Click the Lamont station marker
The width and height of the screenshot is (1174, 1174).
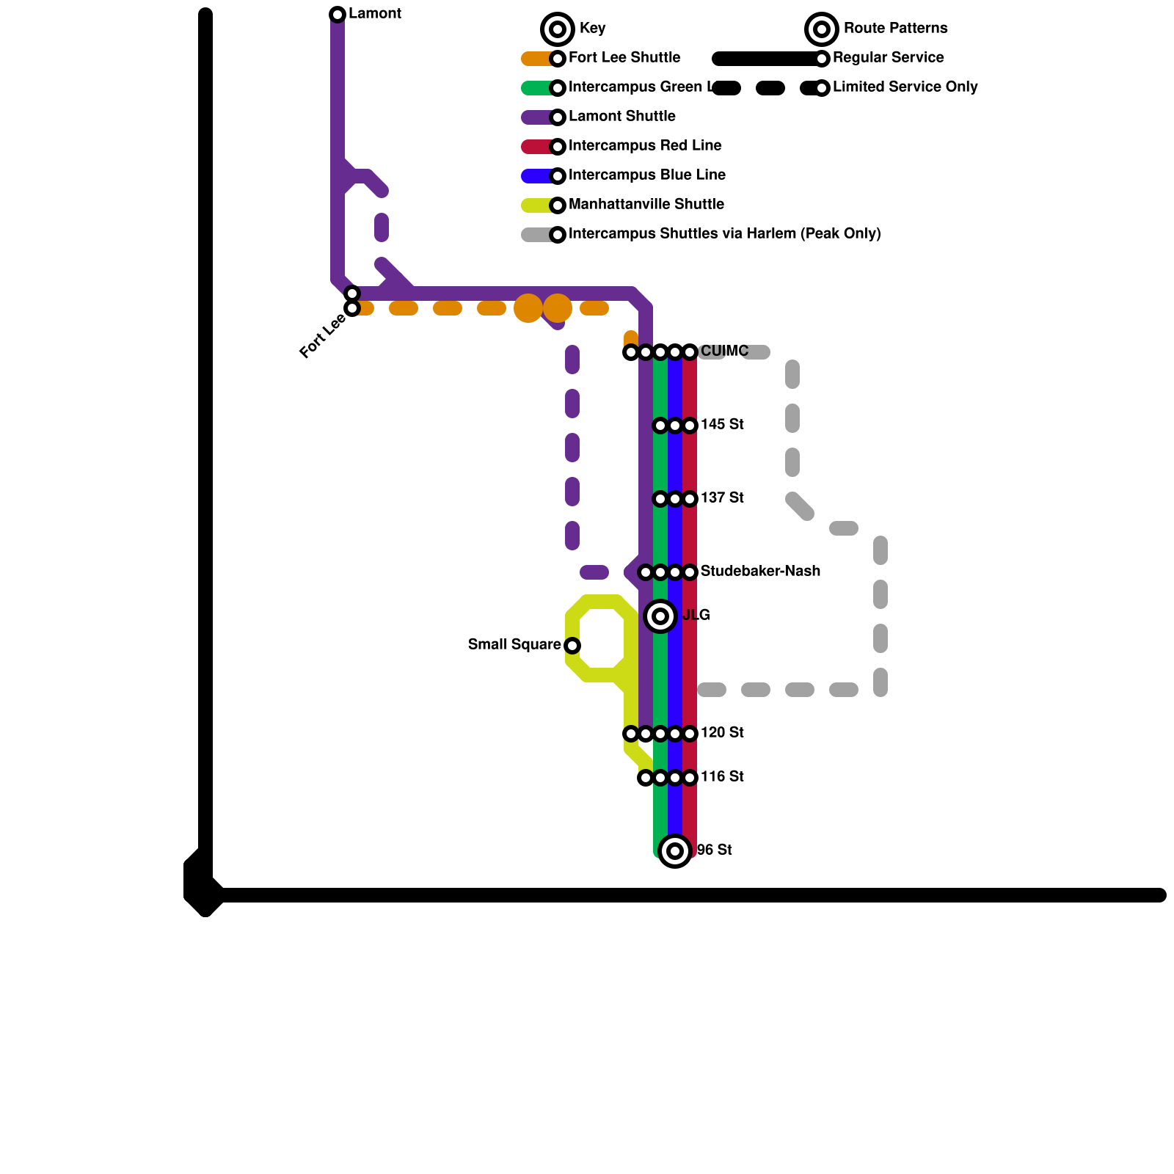338,15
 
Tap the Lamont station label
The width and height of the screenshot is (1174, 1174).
374,14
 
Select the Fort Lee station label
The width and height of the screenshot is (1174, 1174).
322,337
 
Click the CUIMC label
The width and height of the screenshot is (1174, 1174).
724,351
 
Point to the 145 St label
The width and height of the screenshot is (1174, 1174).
722,425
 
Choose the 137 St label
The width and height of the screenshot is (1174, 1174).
722,498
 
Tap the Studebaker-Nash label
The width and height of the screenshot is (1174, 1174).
760,572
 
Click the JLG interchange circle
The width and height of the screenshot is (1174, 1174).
660,616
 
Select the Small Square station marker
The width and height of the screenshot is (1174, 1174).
572,646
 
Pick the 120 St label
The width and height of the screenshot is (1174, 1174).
722,733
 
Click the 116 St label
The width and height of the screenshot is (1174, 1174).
722,777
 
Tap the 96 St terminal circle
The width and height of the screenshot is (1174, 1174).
675,851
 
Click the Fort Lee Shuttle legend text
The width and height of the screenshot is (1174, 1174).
624,58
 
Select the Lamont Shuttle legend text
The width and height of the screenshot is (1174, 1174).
622,117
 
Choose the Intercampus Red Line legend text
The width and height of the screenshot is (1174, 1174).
645,146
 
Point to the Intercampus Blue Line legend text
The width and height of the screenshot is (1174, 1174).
647,175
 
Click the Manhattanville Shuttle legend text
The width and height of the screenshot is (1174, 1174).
646,205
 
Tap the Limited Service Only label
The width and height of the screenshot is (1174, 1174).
905,87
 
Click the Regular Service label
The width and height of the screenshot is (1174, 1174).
888,58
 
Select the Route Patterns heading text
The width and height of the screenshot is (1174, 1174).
895,29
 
